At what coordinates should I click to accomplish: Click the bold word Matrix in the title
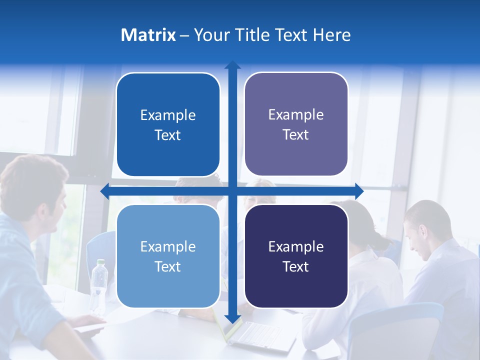coord(148,35)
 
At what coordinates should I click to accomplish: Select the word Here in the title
coord(332,35)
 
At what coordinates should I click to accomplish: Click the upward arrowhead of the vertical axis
coord(232,65)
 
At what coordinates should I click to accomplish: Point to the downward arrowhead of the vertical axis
coord(232,319)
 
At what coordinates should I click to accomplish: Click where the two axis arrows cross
coord(232,191)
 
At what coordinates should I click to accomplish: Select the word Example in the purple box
coord(296,114)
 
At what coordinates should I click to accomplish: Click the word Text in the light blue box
coord(167,266)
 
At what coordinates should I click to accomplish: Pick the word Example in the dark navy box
coord(296,246)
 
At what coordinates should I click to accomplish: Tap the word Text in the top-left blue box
coord(167,135)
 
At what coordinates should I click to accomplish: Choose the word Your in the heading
coord(211,35)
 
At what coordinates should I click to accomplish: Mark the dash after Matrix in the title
coord(184,35)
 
